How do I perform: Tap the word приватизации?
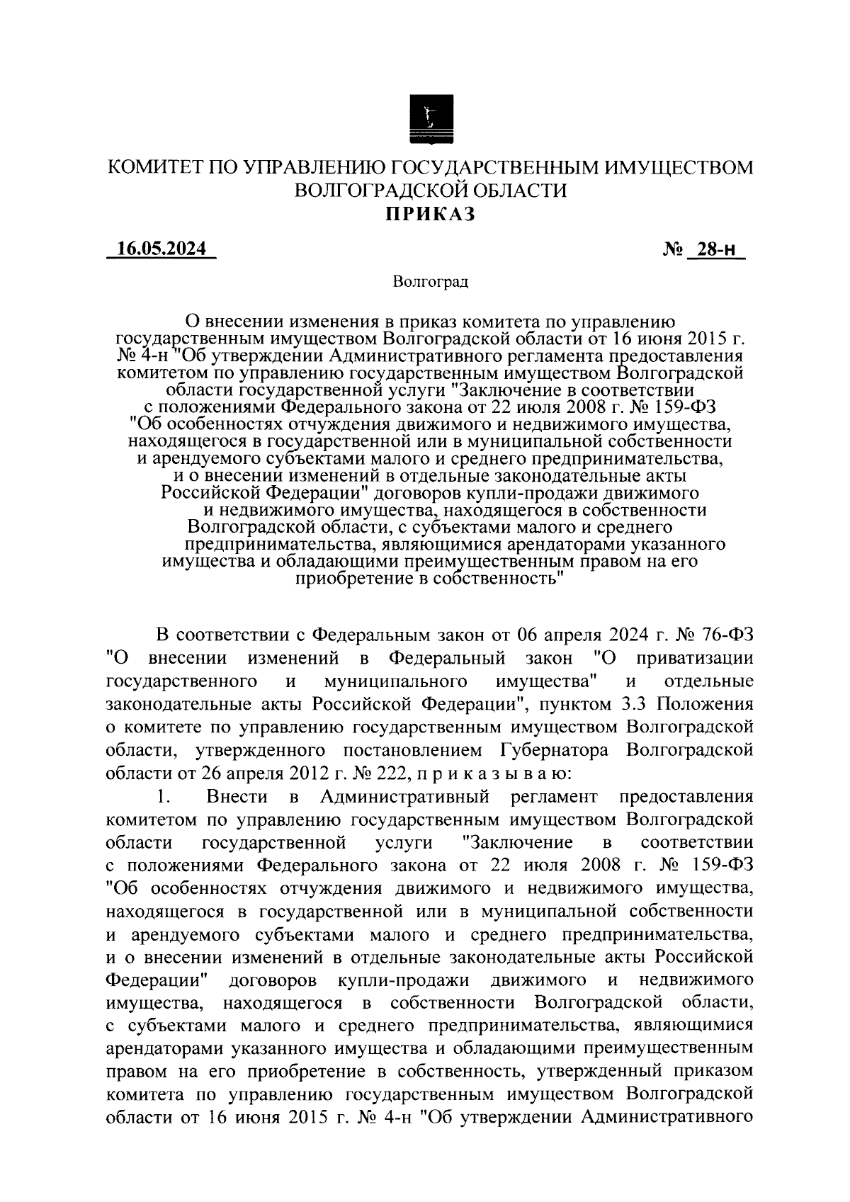pos(694,657)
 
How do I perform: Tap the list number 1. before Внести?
pos(164,797)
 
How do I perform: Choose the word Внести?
pos(237,797)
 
